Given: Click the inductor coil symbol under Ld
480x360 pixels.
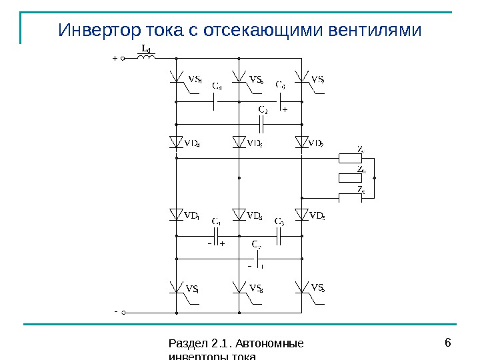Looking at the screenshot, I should click(x=147, y=58).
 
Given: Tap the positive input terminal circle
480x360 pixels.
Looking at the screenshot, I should click(x=123, y=59).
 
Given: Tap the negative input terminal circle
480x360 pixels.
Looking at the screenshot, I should click(x=123, y=311).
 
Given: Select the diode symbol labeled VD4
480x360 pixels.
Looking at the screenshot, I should click(x=177, y=142).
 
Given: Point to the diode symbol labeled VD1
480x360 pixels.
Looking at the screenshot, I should click(x=177, y=215).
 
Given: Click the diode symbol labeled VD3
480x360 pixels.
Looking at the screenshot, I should click(x=239, y=215).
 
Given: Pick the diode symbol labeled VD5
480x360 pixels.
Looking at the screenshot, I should click(x=302, y=215).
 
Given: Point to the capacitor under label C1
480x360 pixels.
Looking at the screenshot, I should click(x=217, y=236).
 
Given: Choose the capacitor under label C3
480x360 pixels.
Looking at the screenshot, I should click(x=279, y=236).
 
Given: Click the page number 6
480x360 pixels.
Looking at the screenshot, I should click(x=447, y=343).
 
